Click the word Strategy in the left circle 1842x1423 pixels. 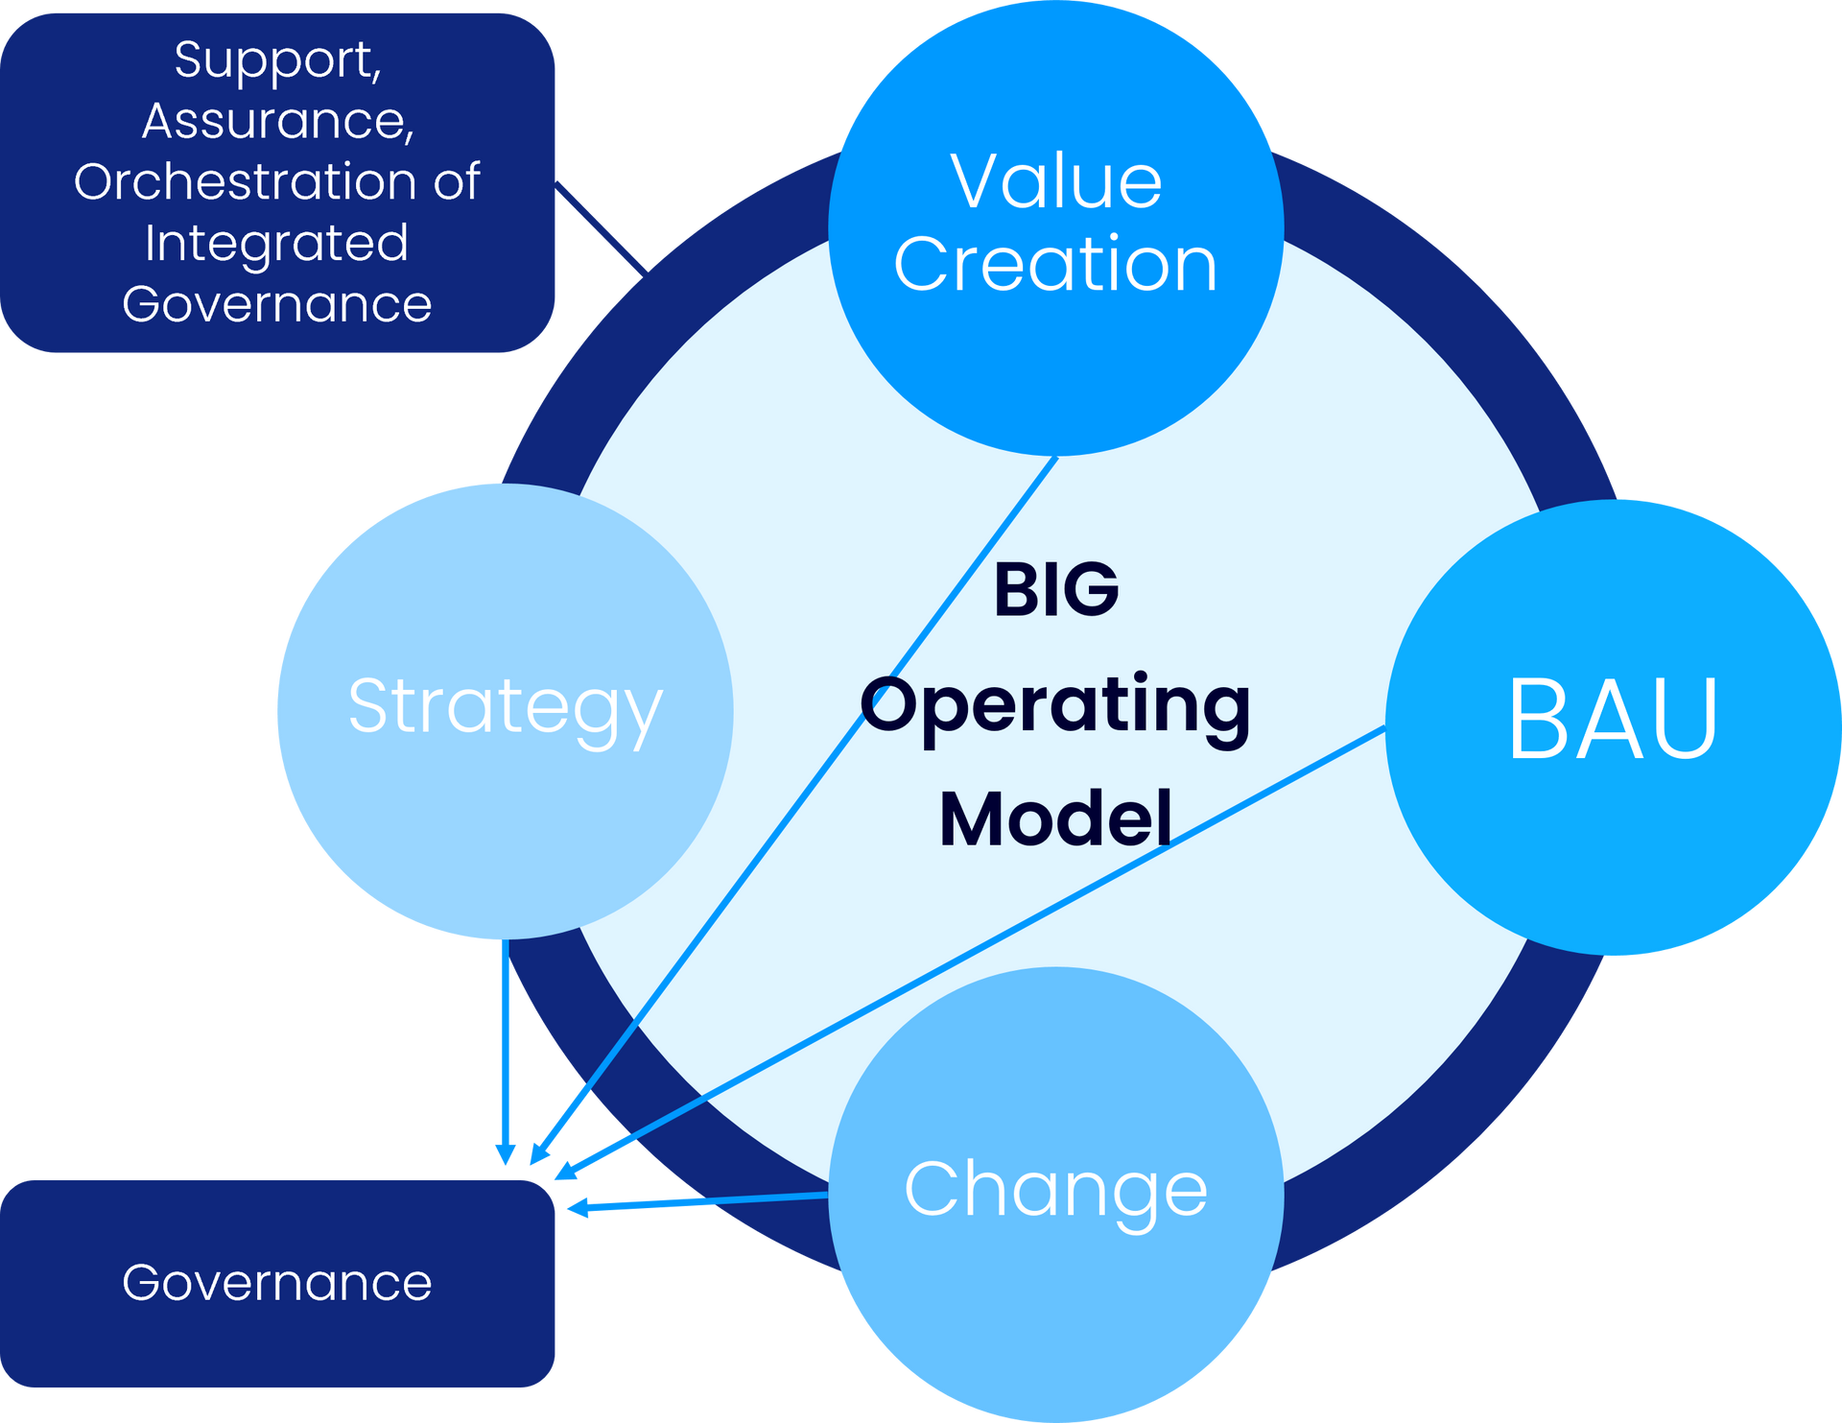pyautogui.click(x=506, y=711)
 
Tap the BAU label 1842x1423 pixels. pyautogui.click(x=1613, y=719)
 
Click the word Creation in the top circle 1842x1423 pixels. pyautogui.click(x=1055, y=264)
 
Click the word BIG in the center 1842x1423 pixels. pyautogui.click(x=1056, y=589)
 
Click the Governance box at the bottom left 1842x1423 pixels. pyautogui.click(x=277, y=1283)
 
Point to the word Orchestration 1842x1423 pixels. pyautogui.click(x=245, y=181)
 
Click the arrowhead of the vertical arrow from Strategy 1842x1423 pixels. pyautogui.click(x=506, y=1154)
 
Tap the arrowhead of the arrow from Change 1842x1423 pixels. pyautogui.click(x=578, y=1208)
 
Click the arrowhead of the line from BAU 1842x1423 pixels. pyautogui.click(x=565, y=1171)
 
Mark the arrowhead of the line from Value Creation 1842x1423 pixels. pyautogui.click(x=539, y=1154)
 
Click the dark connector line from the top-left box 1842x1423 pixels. pyautogui.click(x=601, y=227)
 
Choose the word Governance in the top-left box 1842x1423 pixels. pyautogui.click(x=277, y=306)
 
